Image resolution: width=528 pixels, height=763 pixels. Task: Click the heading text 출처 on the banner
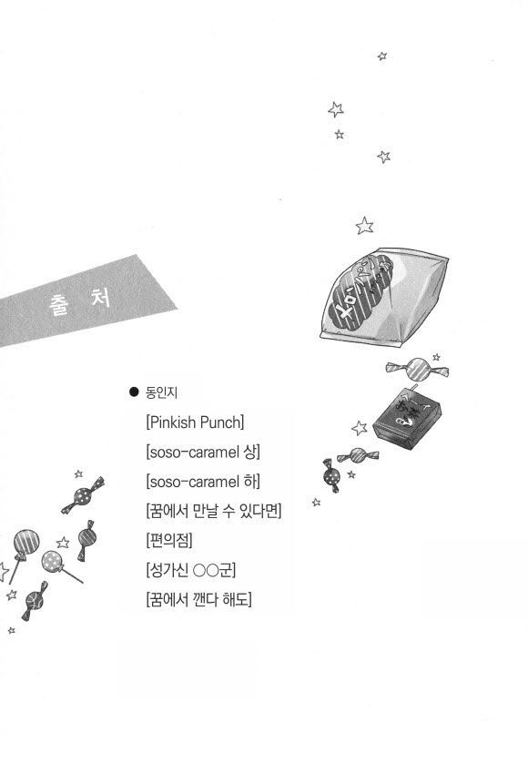click(80, 301)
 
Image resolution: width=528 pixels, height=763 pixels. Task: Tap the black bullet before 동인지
click(134, 392)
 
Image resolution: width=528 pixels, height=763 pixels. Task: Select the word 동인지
click(161, 392)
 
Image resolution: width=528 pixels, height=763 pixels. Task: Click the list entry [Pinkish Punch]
click(195, 422)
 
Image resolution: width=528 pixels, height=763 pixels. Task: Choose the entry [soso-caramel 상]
click(203, 452)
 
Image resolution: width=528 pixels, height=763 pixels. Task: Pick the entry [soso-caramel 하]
click(203, 482)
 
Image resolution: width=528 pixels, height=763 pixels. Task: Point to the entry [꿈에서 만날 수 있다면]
click(214, 511)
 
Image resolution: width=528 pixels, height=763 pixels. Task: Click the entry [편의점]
click(169, 540)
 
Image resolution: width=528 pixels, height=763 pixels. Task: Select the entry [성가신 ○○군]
click(191, 570)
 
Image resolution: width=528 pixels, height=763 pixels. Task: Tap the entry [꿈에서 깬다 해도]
click(199, 599)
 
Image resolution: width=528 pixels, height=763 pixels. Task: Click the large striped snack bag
click(383, 296)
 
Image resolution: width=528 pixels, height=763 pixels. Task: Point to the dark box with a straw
click(408, 419)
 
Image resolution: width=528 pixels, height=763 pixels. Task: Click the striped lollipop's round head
click(26, 542)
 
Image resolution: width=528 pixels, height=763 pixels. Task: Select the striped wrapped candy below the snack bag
click(417, 369)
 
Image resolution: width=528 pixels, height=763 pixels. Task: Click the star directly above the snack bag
click(364, 226)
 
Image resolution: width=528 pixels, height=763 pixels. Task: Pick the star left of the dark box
click(360, 428)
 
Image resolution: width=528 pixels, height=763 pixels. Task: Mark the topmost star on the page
click(382, 56)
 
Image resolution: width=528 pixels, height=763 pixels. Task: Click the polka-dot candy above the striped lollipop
click(83, 496)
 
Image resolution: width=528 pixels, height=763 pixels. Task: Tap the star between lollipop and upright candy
click(63, 542)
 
